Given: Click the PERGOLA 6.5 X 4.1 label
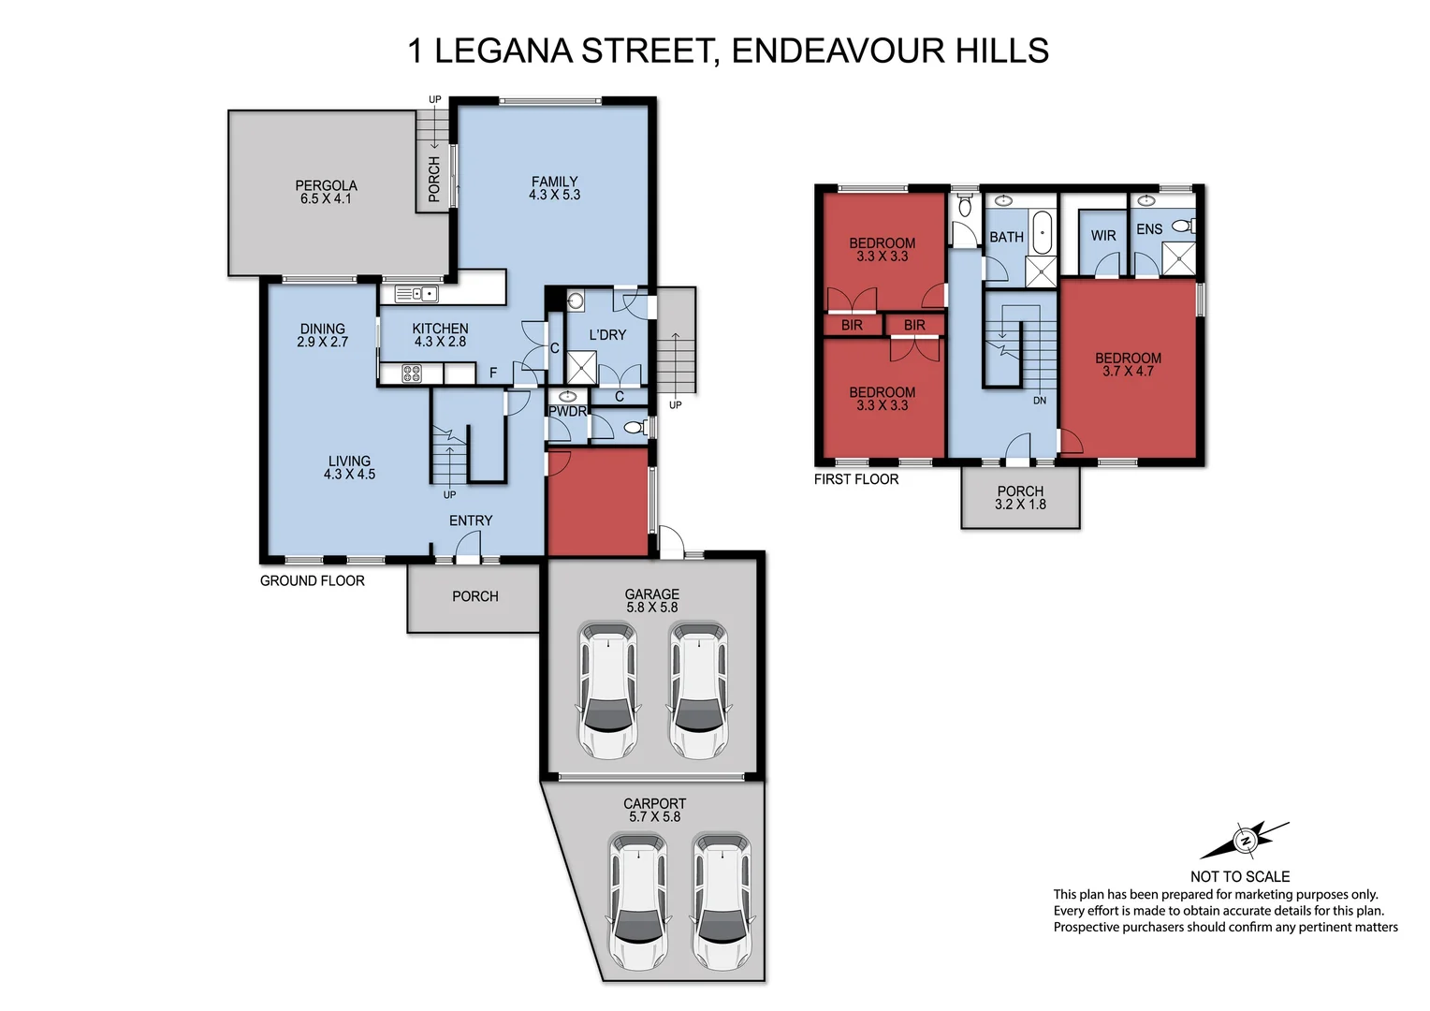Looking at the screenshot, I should click(x=326, y=192).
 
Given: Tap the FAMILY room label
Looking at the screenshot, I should click(x=554, y=188).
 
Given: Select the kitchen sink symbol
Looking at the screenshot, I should click(x=416, y=294).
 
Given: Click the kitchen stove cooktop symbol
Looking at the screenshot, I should click(x=413, y=374).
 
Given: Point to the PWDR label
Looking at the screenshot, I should click(x=567, y=412).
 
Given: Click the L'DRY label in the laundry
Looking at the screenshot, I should click(x=607, y=334).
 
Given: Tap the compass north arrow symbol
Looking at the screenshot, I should click(x=1245, y=841).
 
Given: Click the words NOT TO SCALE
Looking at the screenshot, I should click(x=1239, y=876).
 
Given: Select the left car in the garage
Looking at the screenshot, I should click(x=607, y=690).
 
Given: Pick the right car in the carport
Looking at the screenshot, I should click(x=722, y=901).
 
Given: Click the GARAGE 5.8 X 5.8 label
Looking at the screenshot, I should click(x=652, y=600).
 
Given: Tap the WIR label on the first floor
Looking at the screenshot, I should click(x=1103, y=236).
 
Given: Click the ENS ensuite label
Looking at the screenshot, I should click(x=1148, y=229).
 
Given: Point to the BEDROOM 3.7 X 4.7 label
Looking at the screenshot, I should click(x=1128, y=364).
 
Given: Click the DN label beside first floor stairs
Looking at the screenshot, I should click(x=1040, y=401).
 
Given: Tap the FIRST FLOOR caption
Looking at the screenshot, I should click(x=855, y=479).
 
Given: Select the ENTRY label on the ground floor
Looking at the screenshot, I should click(x=471, y=520).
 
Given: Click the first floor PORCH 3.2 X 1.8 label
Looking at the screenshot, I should click(x=1020, y=497).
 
